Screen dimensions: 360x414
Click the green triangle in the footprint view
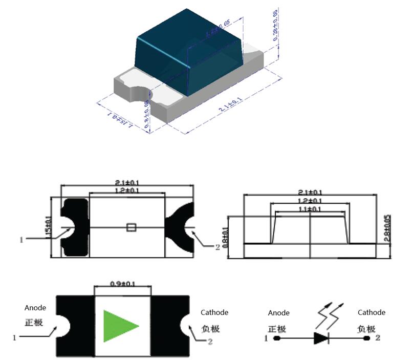(x=119, y=326)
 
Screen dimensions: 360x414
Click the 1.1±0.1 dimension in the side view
(x=311, y=209)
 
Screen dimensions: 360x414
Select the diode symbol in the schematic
(x=321, y=338)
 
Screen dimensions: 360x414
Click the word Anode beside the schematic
(x=279, y=313)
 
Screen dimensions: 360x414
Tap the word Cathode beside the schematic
(x=372, y=312)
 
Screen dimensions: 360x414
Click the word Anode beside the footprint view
(x=35, y=308)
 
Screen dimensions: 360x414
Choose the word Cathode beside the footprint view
(x=214, y=312)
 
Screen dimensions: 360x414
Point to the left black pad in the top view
(x=74, y=228)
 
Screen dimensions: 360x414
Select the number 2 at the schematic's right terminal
(x=378, y=338)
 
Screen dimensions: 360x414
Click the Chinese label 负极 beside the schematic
(x=366, y=328)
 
